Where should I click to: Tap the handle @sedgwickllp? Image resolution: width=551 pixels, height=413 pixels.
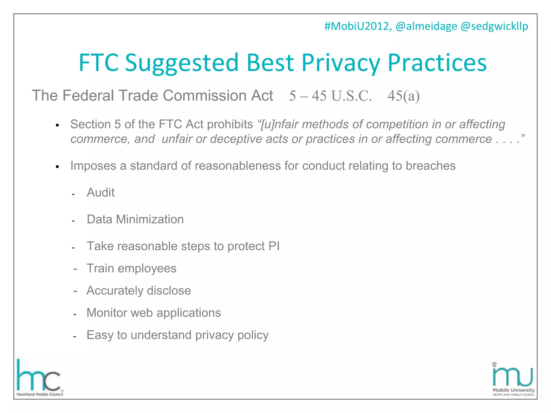[x=494, y=26]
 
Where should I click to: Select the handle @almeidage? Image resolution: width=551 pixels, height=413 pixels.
[x=426, y=26]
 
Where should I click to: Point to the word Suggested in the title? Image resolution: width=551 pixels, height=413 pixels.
[x=182, y=63]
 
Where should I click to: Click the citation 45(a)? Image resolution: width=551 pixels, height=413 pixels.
[x=403, y=96]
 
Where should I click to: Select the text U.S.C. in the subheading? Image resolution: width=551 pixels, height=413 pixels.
[x=351, y=96]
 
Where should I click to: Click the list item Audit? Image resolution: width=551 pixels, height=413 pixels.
[x=101, y=193]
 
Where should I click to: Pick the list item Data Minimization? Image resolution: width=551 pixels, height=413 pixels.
[x=135, y=219]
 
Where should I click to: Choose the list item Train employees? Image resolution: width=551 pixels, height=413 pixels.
[x=131, y=268]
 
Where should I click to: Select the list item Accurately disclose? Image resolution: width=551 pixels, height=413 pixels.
[x=139, y=291]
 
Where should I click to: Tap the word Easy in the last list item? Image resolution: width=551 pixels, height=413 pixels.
[x=100, y=335]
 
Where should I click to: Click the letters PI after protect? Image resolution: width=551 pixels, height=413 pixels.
[x=274, y=246]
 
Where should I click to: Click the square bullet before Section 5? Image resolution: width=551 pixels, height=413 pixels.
[x=57, y=125]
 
